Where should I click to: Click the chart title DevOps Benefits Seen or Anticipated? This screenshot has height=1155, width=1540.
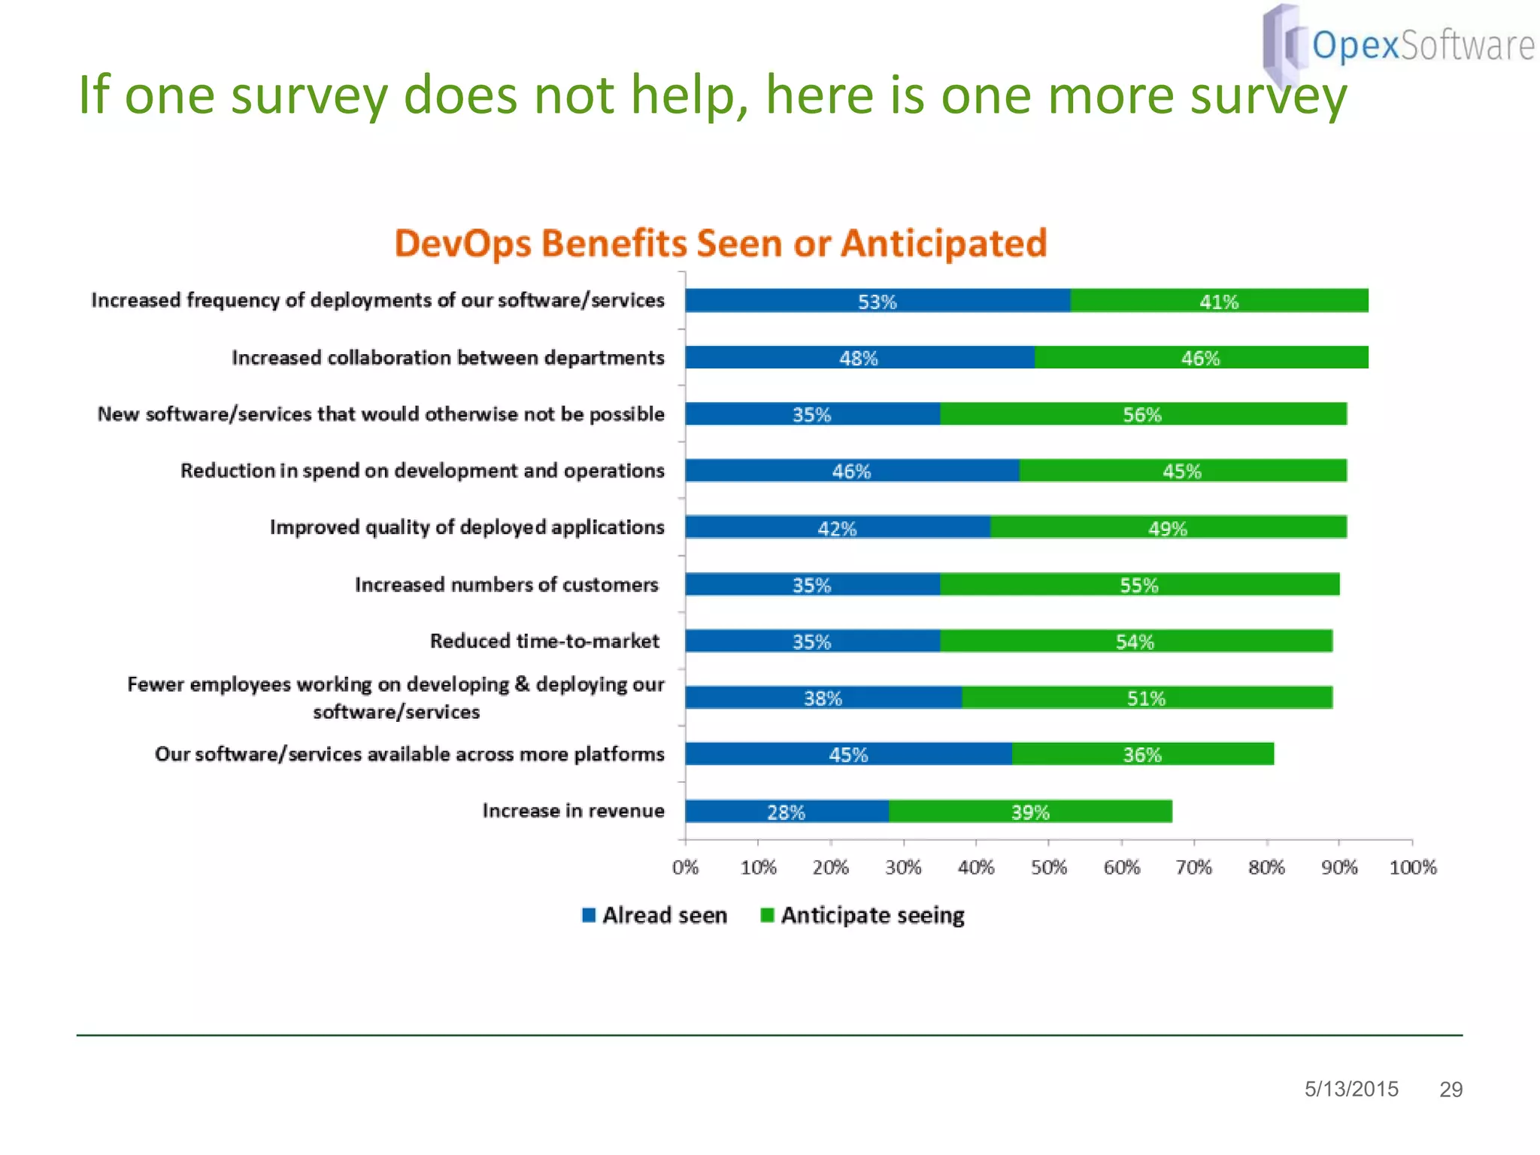click(x=720, y=244)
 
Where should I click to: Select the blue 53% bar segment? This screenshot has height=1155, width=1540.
click(x=877, y=301)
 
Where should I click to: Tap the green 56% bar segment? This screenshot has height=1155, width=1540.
click(x=1142, y=414)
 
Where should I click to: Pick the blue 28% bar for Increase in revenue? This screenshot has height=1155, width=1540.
click(x=787, y=812)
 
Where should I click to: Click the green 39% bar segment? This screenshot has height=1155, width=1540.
click(x=1030, y=812)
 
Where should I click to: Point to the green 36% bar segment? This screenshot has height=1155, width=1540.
click(x=1142, y=754)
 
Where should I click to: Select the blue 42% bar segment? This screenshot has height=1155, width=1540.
click(x=837, y=528)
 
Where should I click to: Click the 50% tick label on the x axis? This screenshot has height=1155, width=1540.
click(x=1048, y=868)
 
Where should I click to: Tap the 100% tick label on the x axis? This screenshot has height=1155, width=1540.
click(x=1412, y=868)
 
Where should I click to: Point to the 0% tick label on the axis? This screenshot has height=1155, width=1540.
click(x=685, y=868)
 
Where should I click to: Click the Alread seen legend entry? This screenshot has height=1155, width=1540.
click(x=655, y=915)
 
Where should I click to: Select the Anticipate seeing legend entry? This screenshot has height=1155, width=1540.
click(x=862, y=915)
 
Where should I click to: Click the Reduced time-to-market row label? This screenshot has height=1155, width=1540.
click(x=544, y=641)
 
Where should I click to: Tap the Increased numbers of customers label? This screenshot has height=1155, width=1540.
click(x=506, y=584)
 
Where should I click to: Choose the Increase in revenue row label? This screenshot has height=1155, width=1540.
click(x=573, y=811)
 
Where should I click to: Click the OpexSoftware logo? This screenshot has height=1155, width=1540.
click(x=1399, y=44)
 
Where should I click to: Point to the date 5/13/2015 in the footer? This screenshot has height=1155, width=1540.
click(x=1351, y=1089)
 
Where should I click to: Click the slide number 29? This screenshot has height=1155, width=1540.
click(x=1451, y=1090)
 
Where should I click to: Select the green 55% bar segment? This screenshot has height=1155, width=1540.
click(x=1138, y=585)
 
